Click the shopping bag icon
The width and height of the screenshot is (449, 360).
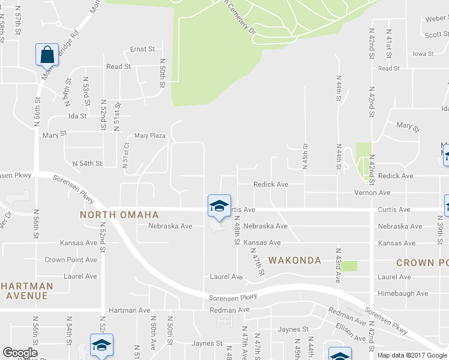click(x=47, y=55)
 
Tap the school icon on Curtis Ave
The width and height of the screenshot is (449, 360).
click(x=219, y=206)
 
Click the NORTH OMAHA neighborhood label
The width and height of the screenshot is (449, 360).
click(x=120, y=215)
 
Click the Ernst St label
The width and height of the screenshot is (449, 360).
click(x=143, y=49)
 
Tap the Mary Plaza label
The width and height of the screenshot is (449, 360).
click(x=149, y=136)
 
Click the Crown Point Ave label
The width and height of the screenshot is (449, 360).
click(x=71, y=260)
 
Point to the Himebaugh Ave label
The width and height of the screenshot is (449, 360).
click(x=403, y=293)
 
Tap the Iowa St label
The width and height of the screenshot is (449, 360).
click(x=423, y=54)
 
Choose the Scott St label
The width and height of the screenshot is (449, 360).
click(x=436, y=35)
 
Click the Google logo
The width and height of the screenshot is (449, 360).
click(x=20, y=353)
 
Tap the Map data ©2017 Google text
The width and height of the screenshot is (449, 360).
click(x=412, y=355)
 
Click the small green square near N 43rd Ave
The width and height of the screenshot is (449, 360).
click(x=349, y=266)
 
